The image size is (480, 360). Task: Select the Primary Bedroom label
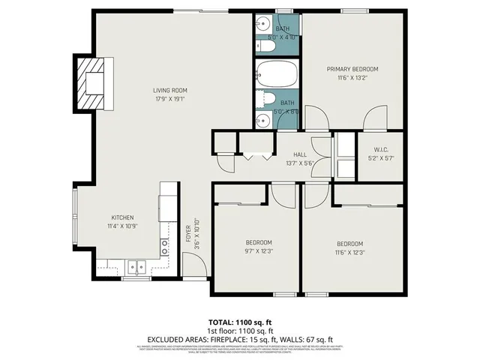352,69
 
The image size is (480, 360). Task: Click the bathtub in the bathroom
277,75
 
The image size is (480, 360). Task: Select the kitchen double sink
136,265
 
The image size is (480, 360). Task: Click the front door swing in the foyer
193,264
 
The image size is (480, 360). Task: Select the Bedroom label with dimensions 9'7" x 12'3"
259,242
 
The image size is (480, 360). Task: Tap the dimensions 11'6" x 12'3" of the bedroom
349,253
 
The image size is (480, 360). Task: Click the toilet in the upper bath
266,46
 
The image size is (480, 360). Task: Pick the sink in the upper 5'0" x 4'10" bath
262,23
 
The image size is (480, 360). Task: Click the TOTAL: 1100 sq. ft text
240,321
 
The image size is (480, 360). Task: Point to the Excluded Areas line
240,338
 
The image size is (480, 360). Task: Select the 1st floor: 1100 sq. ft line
240,330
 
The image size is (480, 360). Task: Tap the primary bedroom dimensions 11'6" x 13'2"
352,77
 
